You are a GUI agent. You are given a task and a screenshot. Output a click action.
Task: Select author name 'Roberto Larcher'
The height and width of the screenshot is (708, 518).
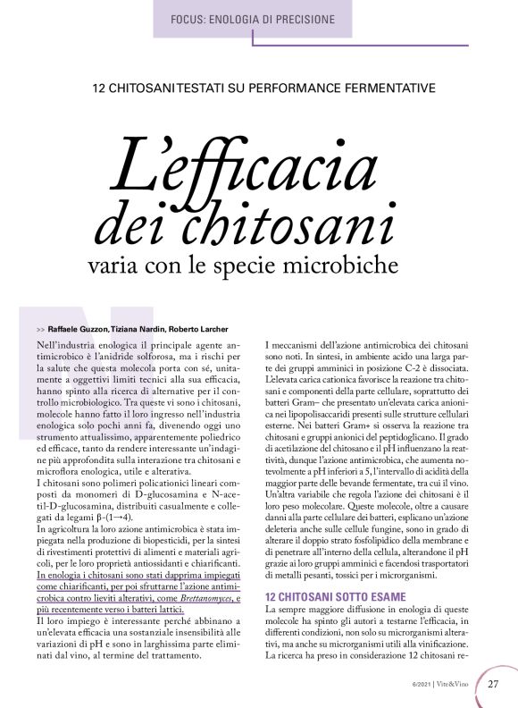(x=198, y=329)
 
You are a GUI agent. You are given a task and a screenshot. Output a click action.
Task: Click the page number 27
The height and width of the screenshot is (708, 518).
(x=494, y=685)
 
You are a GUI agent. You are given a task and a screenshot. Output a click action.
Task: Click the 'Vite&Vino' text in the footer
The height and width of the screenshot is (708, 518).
(x=458, y=686)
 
